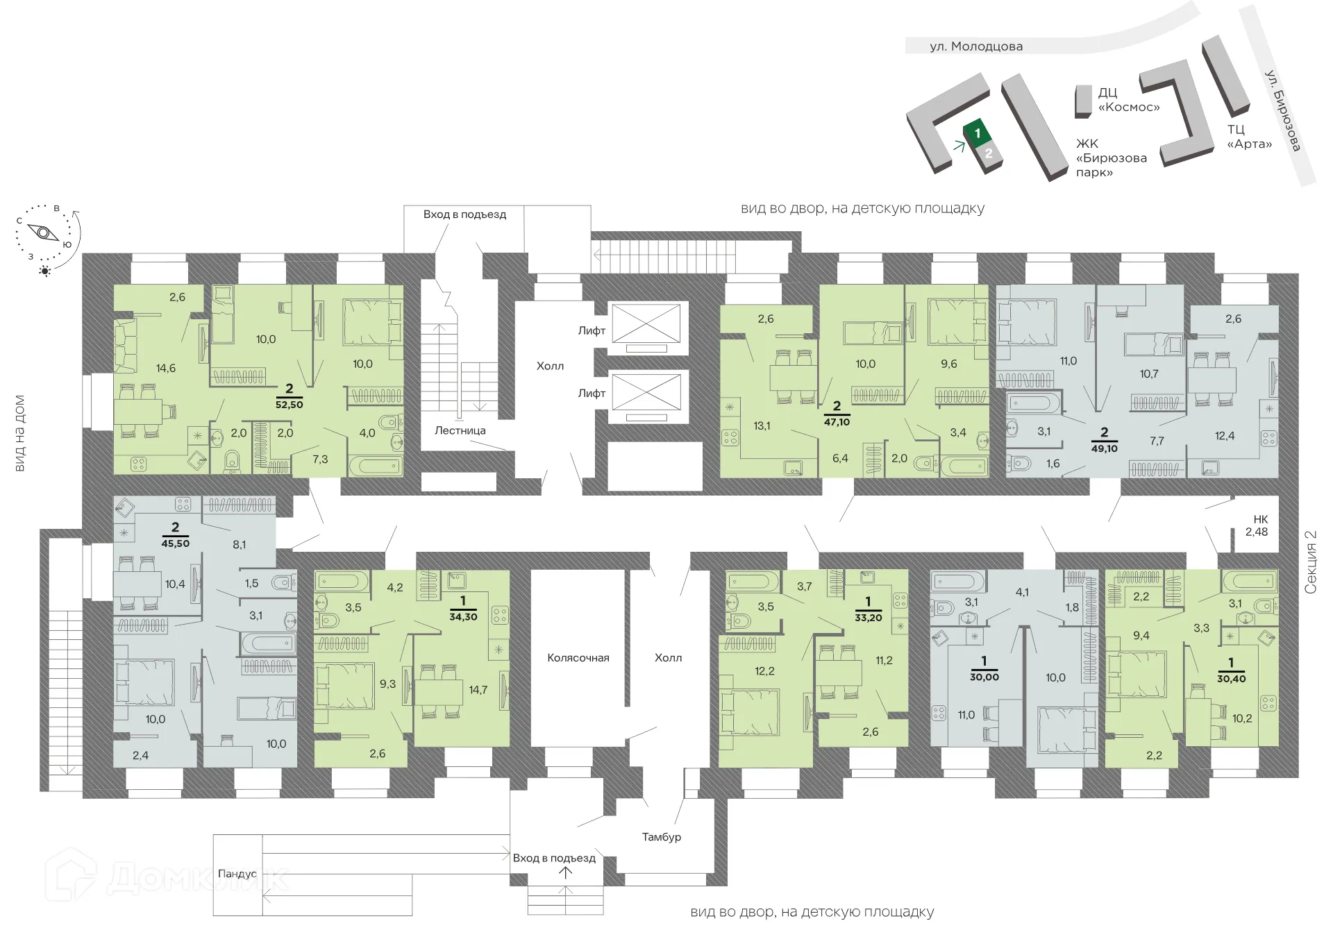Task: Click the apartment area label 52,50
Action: [x=289, y=404]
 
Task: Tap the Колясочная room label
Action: [x=578, y=657]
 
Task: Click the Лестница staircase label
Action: [x=460, y=430]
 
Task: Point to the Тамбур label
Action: [x=661, y=837]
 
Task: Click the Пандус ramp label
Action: [x=237, y=874]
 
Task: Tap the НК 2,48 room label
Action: [x=1256, y=526]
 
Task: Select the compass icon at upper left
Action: [x=45, y=233]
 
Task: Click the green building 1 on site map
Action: [x=977, y=133]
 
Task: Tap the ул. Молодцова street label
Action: [x=976, y=47]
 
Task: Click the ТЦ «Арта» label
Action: [x=1249, y=137]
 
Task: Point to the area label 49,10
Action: [x=1104, y=448]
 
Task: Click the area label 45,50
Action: [x=175, y=543]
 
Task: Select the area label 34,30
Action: [x=463, y=616]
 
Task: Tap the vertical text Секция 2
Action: [x=1310, y=562]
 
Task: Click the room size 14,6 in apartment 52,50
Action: [x=165, y=369]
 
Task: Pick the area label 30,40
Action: [x=1231, y=679]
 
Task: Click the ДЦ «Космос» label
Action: [x=1128, y=100]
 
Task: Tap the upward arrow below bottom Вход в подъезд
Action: [x=566, y=873]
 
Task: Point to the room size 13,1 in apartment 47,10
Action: [x=762, y=425]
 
